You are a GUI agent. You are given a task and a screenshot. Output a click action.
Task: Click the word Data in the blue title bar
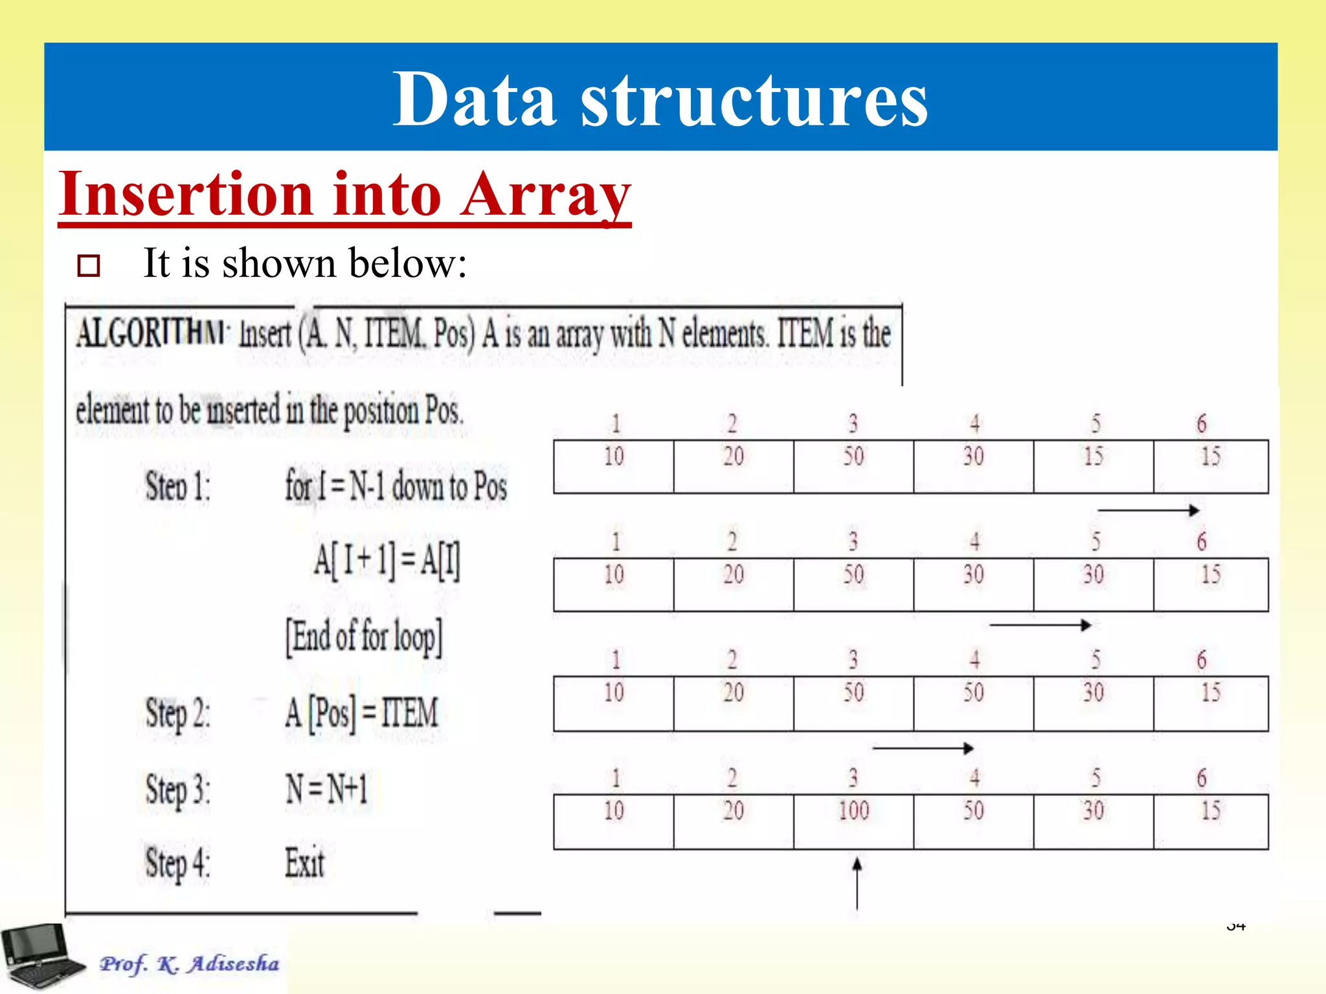point(475,100)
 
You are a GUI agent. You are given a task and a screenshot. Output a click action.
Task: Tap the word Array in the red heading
point(545,194)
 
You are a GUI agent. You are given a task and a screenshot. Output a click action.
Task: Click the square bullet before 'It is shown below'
point(89,265)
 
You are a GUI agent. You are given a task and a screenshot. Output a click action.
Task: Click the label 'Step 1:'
point(177,487)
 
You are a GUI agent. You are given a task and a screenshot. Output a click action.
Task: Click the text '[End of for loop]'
point(365,637)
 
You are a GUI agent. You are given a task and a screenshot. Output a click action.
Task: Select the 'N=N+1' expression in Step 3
point(327,789)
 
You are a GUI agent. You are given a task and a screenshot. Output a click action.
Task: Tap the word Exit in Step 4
point(304,863)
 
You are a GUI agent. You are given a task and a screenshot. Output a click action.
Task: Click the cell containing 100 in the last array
point(853,821)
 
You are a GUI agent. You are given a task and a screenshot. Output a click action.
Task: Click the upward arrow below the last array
point(857,883)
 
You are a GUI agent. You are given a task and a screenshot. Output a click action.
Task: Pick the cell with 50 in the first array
point(853,466)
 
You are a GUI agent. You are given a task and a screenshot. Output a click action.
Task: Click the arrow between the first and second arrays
point(1148,511)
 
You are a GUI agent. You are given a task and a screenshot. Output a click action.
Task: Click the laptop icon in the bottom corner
point(42,956)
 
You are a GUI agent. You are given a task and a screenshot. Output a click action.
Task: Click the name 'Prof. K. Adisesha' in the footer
point(189,964)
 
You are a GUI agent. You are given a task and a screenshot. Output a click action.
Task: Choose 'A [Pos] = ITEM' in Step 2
point(362,713)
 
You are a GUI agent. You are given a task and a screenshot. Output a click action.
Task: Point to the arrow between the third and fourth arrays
point(923,749)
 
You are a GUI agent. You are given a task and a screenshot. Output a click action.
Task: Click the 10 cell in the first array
point(614,466)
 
